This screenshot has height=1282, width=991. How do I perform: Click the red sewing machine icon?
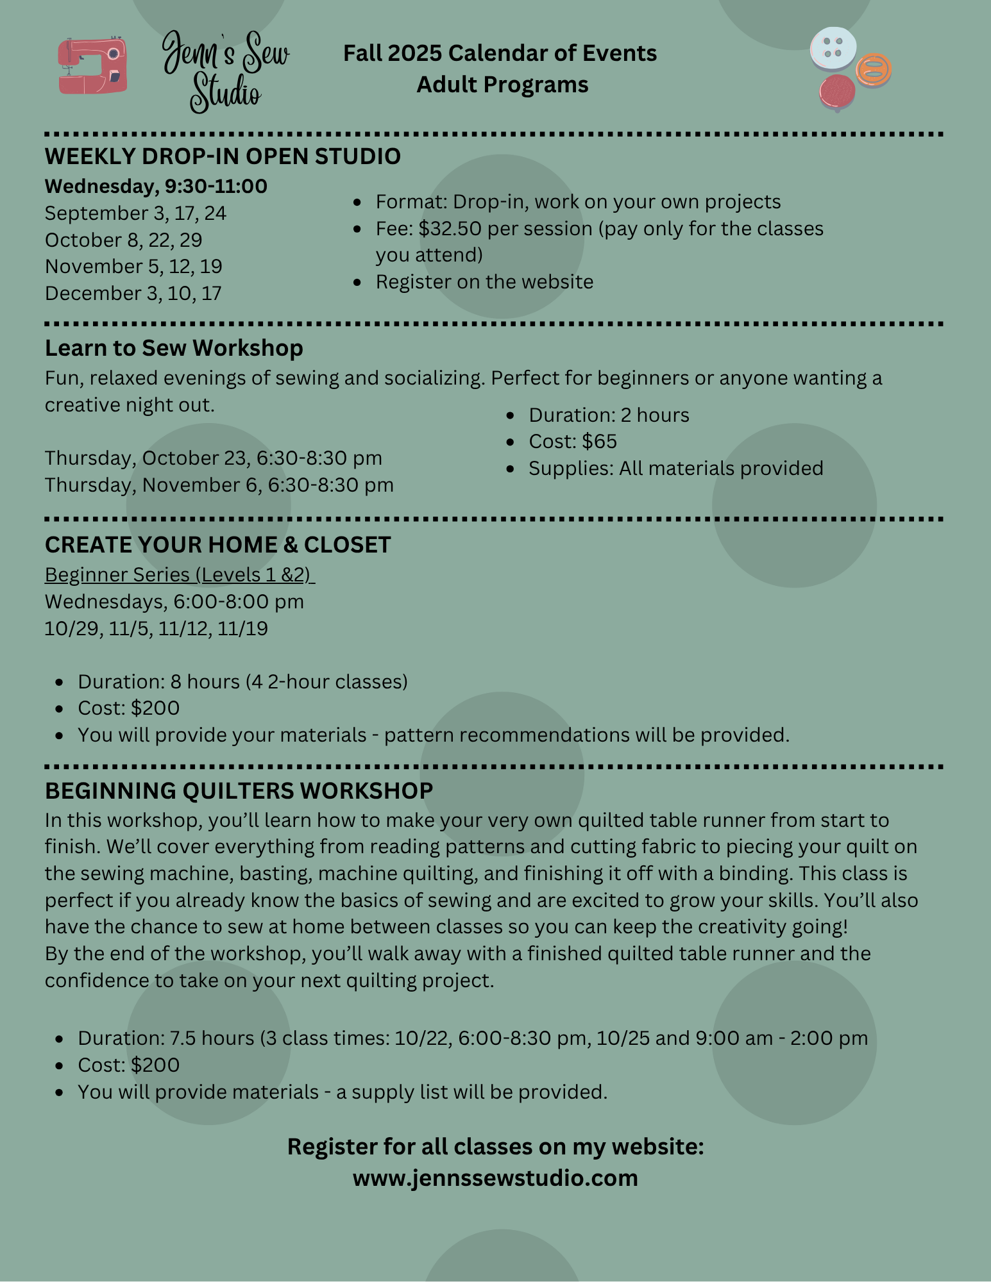pos(92,66)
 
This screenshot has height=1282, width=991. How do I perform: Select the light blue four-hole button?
pos(833,47)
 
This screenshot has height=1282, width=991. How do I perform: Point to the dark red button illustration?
pos(837,92)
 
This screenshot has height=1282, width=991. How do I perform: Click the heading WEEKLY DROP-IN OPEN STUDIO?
pos(223,156)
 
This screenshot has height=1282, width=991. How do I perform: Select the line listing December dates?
pos(133,294)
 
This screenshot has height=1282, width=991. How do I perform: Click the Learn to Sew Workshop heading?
pos(174,348)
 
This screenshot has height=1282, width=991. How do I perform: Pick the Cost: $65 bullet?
pos(572,442)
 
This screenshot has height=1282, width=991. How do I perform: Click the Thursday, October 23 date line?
pos(214,458)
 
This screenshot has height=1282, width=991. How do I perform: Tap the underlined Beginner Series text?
pos(180,575)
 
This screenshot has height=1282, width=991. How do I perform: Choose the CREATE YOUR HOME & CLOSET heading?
pos(217,545)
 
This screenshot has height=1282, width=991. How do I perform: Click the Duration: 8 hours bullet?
pos(242,681)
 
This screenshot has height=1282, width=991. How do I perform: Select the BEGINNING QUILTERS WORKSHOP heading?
pos(239,791)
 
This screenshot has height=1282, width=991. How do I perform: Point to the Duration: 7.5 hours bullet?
pos(472,1038)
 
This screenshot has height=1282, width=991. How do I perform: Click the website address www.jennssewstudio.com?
pos(495,1178)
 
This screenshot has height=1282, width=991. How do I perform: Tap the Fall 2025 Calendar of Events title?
pos(500,53)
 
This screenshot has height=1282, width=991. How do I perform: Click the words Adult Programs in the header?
pos(502,85)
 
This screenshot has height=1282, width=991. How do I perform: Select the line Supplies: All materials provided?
pos(675,469)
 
